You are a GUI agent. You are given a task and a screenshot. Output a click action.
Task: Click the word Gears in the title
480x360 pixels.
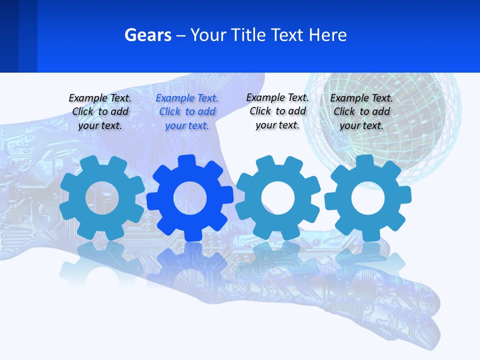coord(147,35)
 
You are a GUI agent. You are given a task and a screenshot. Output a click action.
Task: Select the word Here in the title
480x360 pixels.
coord(327,35)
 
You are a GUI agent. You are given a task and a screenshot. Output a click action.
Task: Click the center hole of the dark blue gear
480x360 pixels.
coord(190,198)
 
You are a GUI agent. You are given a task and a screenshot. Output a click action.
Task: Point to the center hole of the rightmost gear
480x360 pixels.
coord(368,198)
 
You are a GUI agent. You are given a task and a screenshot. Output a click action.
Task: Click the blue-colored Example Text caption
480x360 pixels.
coord(187,112)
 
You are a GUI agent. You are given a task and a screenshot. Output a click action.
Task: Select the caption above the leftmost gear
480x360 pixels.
coord(100,112)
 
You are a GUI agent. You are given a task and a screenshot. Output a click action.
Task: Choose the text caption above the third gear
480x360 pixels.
coord(277,111)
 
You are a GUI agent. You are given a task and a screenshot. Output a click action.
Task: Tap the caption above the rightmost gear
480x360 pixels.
coord(361,112)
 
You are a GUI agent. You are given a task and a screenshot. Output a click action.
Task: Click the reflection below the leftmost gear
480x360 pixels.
coord(102,265)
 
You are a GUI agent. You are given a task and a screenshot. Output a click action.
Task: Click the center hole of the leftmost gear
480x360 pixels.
coord(102,198)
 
